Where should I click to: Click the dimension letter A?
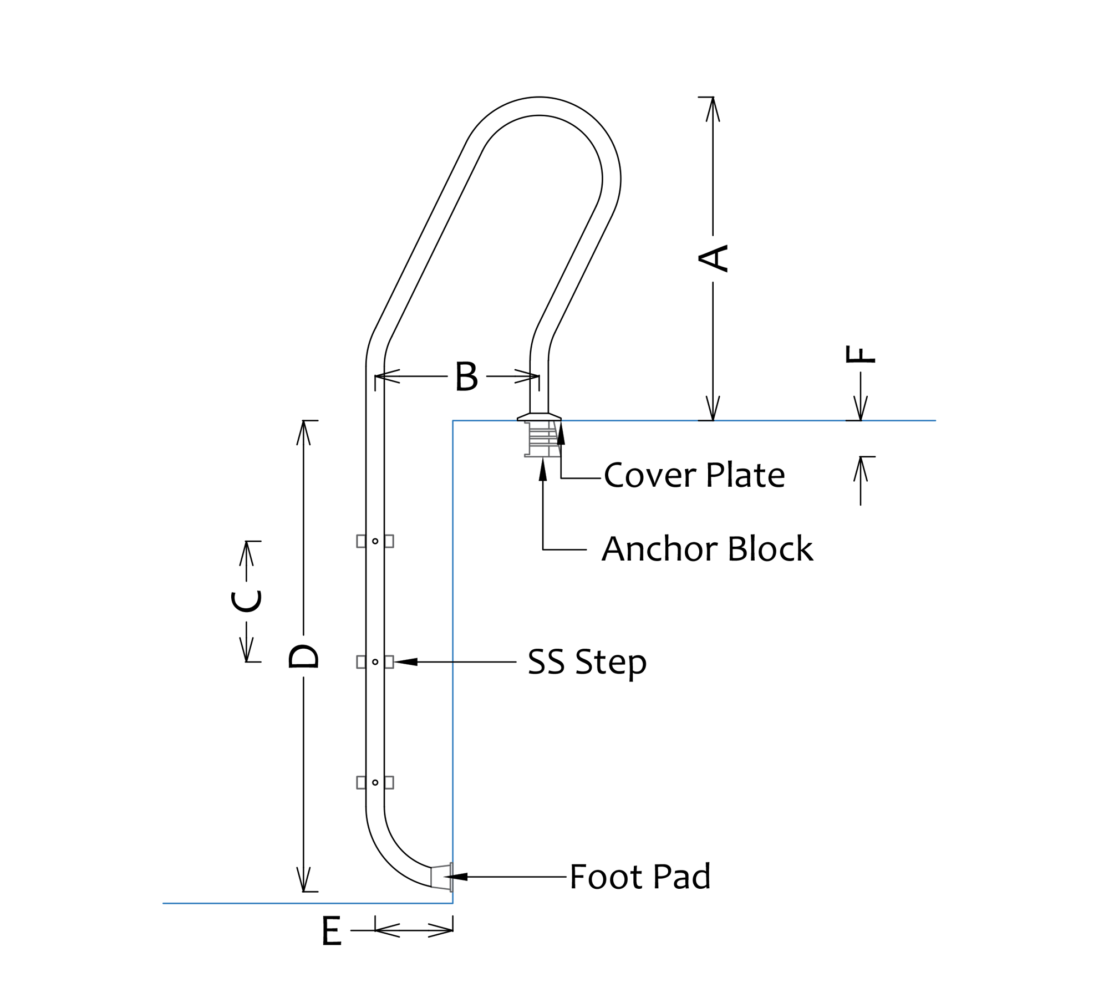tap(713, 258)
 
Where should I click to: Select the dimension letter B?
tap(466, 376)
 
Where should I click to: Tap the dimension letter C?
tap(246, 602)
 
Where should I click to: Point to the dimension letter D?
tap(303, 656)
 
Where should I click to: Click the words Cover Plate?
tap(694, 476)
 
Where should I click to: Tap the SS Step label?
tap(587, 662)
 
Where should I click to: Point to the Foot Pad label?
tap(640, 877)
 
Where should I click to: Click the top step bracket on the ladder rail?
tap(375, 541)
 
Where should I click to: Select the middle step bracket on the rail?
tap(375, 662)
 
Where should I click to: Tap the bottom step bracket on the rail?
tap(375, 782)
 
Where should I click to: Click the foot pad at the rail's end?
tap(442, 877)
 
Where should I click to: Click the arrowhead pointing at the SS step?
tap(405, 662)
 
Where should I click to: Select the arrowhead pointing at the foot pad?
tap(456, 877)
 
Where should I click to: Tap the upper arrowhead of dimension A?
tap(713, 109)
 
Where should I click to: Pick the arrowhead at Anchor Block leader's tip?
tap(543, 469)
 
